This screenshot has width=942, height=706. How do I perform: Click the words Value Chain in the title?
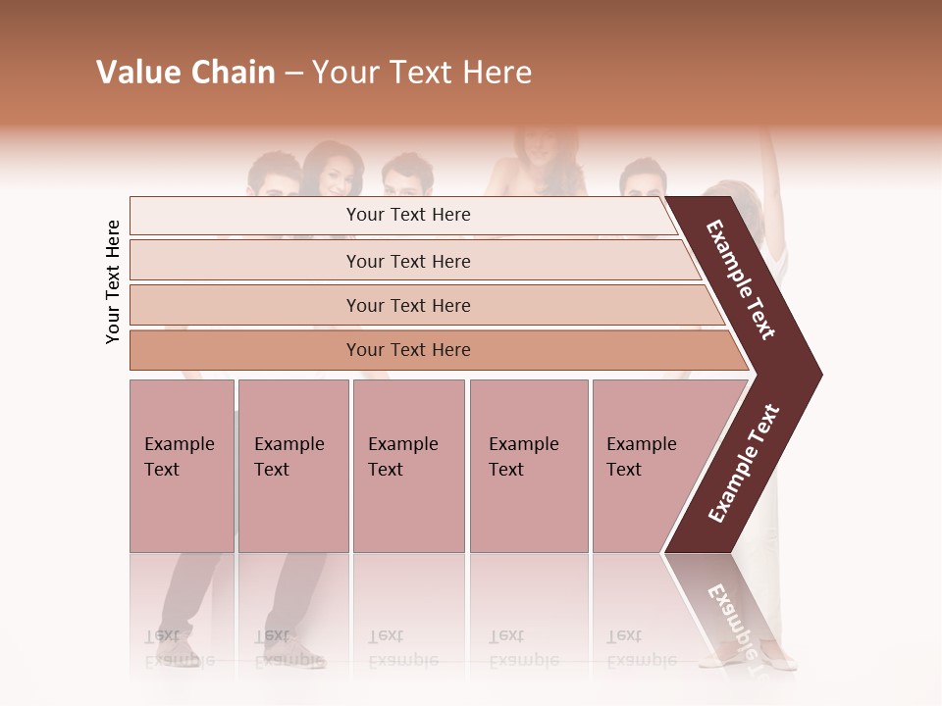click(185, 73)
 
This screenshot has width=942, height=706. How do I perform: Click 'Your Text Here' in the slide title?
click(422, 73)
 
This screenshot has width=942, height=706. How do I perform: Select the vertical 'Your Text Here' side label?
click(113, 281)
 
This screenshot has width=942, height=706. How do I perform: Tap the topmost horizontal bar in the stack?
click(408, 215)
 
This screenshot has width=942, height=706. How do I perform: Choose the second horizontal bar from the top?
click(408, 261)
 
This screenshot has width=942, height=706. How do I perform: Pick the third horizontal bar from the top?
click(408, 305)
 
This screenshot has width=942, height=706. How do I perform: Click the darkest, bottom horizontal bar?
click(408, 350)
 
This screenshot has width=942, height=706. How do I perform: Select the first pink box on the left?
click(182, 466)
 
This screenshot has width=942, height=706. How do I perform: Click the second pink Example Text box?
click(292, 466)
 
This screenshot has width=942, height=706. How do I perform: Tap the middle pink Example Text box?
click(408, 466)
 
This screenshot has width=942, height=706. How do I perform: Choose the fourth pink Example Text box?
click(528, 466)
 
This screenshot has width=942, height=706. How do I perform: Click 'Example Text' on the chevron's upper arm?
click(741, 279)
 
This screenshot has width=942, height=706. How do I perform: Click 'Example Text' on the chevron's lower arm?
click(744, 463)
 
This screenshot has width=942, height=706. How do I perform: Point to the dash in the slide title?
click(293, 74)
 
